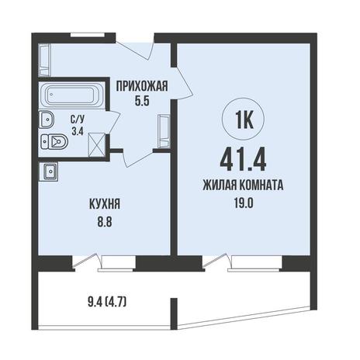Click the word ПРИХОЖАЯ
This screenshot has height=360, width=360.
pyautogui.click(x=142, y=86)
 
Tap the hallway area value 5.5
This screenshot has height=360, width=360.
pyautogui.click(x=142, y=102)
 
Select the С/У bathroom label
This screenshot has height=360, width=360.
pyautogui.click(x=78, y=119)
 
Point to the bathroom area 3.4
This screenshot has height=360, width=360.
pyautogui.click(x=78, y=131)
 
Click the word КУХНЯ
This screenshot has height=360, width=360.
pyautogui.click(x=105, y=204)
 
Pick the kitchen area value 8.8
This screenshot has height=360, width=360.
pyautogui.click(x=105, y=222)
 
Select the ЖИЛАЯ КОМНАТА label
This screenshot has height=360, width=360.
pyautogui.click(x=243, y=185)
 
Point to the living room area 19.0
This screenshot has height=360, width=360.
pyautogui.click(x=243, y=203)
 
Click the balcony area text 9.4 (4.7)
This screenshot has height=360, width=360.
pyautogui.click(x=107, y=302)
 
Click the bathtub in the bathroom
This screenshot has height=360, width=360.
pyautogui.click(x=71, y=95)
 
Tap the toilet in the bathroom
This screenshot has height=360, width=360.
pyautogui.click(x=54, y=142)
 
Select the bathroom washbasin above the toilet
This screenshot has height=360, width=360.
pyautogui.click(x=47, y=119)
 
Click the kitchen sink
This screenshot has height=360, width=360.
pyautogui.click(x=49, y=171)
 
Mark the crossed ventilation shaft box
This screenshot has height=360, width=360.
pyautogui.click(x=97, y=145)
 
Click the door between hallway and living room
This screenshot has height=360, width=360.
pyautogui.click(x=183, y=84)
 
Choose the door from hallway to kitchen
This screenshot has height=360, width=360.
pyautogui.click(x=138, y=157)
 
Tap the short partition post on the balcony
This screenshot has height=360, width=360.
pyautogui.click(x=174, y=313)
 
